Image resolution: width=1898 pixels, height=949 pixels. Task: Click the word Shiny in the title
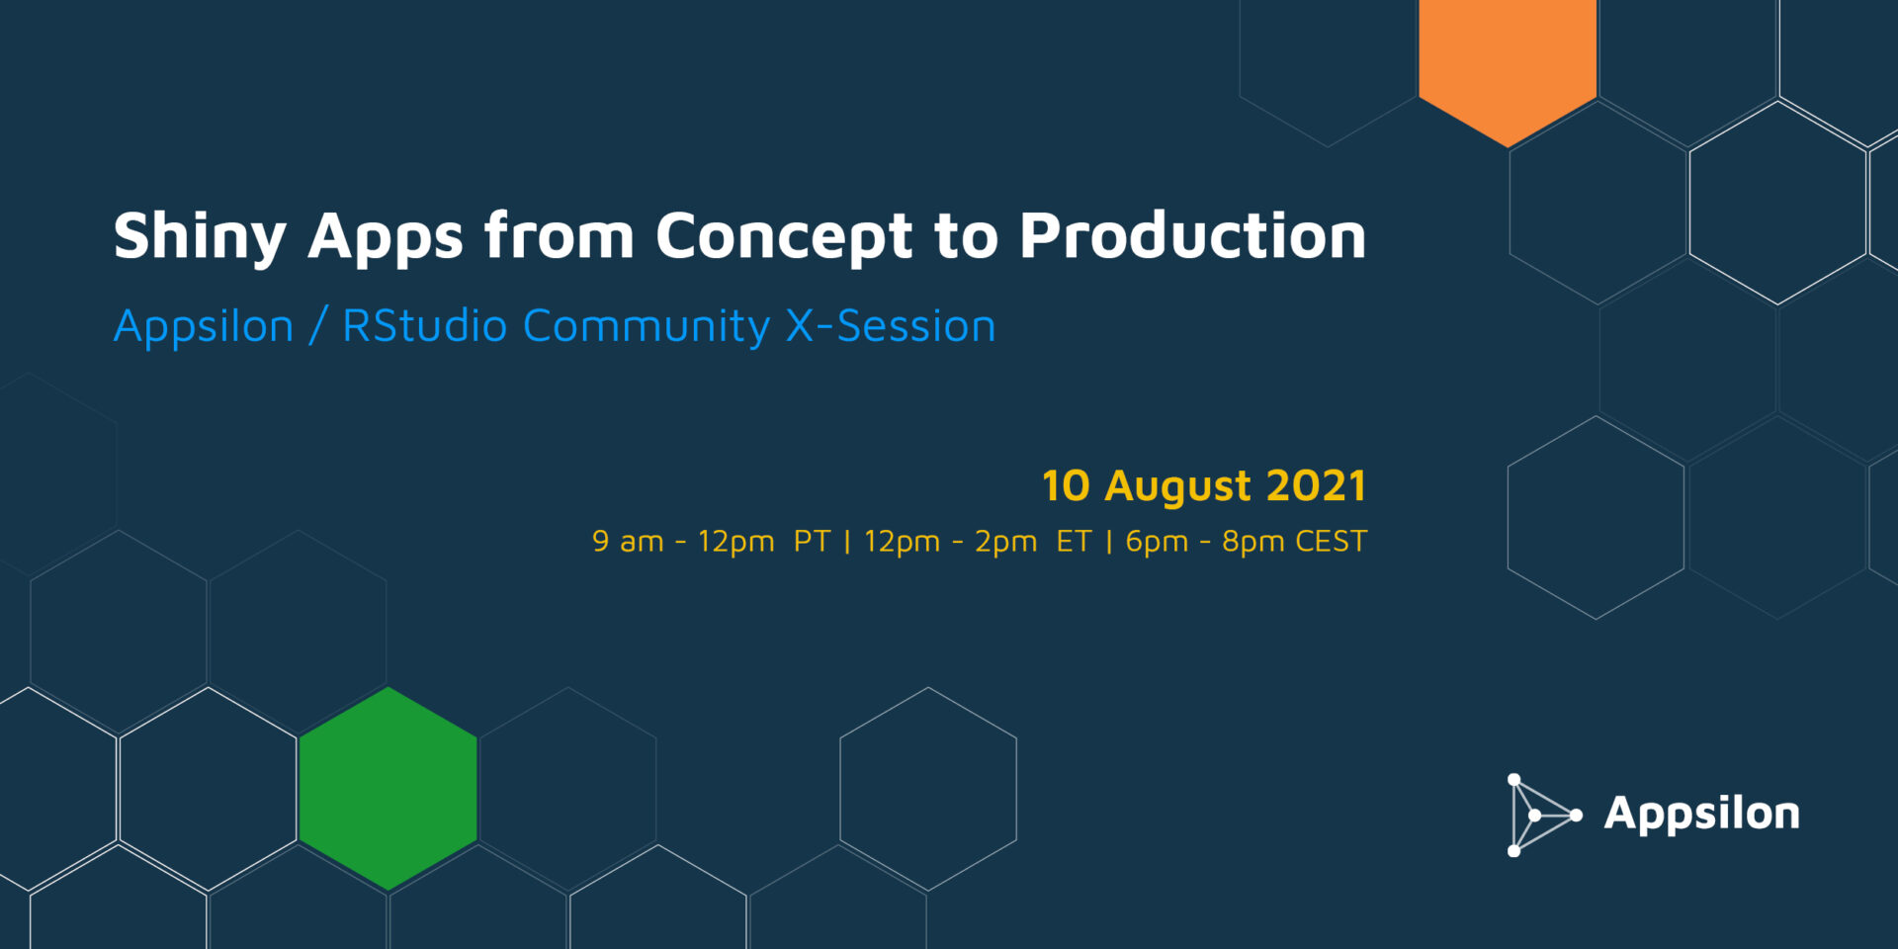[200, 237]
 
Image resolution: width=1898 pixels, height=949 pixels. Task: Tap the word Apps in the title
[386, 237]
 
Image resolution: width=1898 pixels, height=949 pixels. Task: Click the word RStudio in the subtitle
[425, 325]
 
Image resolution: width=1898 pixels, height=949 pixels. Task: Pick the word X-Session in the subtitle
[891, 325]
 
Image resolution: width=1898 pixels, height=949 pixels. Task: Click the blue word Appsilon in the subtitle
[204, 327]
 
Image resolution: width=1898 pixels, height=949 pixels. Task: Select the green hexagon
[388, 789]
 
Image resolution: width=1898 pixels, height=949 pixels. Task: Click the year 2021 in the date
[1316, 485]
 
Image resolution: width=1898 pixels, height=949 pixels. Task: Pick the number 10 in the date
[1066, 485]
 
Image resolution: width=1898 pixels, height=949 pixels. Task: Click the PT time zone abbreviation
[812, 541]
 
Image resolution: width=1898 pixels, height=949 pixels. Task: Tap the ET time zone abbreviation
[1074, 541]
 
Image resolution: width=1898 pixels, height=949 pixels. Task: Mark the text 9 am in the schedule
[628, 541]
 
